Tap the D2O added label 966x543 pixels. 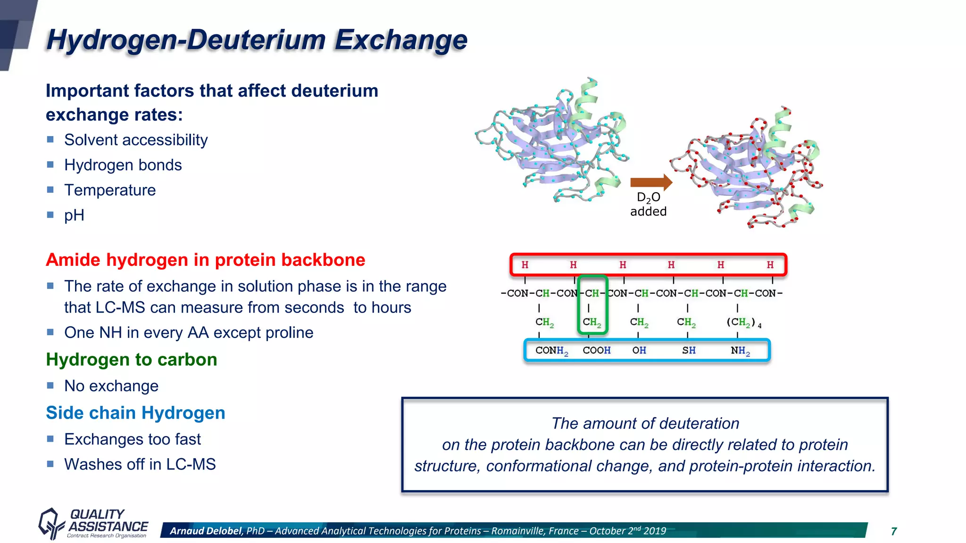coord(649,205)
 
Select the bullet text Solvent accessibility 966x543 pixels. coord(136,140)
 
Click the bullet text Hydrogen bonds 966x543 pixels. coord(123,165)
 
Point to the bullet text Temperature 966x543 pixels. coord(110,190)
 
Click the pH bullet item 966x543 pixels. coord(74,215)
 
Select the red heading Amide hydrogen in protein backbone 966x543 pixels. coord(205,260)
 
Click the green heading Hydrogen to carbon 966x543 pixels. coord(131,360)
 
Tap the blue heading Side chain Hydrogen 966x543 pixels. coord(135,413)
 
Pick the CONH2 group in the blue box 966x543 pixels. coord(551,351)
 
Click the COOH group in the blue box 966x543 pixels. coord(596,351)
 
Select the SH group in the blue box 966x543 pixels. coord(689,351)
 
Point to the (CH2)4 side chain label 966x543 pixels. coord(743,322)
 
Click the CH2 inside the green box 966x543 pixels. coord(592,322)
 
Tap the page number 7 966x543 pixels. coord(893,532)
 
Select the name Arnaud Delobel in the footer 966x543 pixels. coord(206,531)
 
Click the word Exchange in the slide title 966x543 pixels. coord(400,40)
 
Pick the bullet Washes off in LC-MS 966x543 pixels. coord(140,464)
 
